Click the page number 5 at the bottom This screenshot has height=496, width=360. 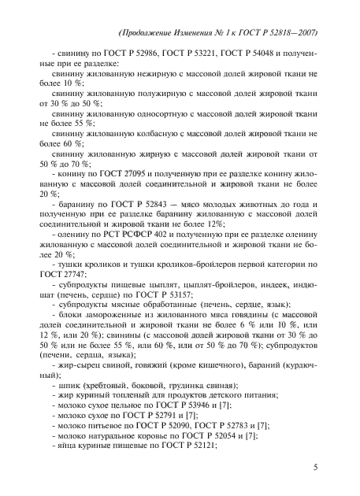[315, 465]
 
